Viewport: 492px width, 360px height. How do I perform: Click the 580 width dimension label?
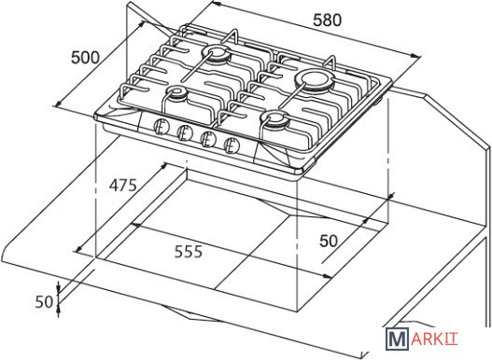(x=328, y=21)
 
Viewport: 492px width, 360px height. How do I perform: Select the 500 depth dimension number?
(x=85, y=58)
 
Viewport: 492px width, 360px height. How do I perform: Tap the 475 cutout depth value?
(x=123, y=185)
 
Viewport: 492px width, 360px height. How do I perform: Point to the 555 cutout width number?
(x=189, y=252)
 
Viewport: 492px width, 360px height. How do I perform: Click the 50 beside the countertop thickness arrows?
(x=44, y=302)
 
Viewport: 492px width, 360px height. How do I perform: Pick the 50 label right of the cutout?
(x=329, y=241)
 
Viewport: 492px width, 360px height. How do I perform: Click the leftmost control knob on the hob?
(x=162, y=127)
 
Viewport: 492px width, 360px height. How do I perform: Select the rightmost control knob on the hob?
(x=232, y=145)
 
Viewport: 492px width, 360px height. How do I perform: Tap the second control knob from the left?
(x=185, y=132)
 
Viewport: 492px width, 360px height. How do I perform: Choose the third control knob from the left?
(x=208, y=139)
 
